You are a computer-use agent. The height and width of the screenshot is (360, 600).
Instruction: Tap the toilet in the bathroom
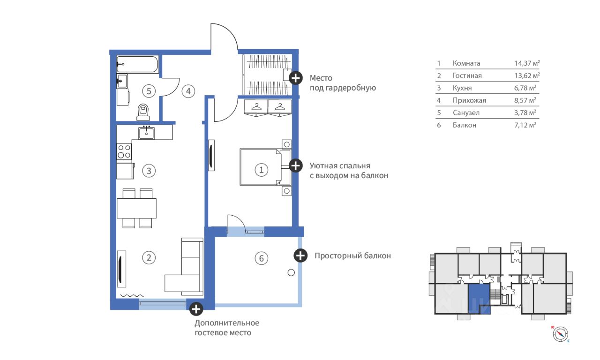point(143,112)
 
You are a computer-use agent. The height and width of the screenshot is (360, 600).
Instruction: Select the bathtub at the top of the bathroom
point(137,65)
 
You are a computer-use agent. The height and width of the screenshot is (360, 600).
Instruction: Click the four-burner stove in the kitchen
point(124,151)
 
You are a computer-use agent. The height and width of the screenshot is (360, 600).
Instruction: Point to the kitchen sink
point(147,132)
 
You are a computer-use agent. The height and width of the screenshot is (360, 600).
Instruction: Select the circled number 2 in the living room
point(149,257)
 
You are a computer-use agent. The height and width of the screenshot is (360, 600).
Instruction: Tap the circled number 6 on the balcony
point(262,257)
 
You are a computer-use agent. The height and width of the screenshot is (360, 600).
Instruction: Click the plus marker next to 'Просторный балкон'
point(300,255)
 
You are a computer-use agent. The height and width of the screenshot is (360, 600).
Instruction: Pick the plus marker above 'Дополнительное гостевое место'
point(196,308)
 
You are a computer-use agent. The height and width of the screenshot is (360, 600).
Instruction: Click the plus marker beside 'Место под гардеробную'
point(295,78)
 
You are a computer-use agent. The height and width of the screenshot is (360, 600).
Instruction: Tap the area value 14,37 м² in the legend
point(527,63)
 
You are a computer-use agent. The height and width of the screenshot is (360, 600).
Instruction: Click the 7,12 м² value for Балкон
point(525,125)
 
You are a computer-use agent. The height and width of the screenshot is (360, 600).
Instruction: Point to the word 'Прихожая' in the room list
point(469,100)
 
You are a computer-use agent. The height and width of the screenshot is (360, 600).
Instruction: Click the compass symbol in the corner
point(561,333)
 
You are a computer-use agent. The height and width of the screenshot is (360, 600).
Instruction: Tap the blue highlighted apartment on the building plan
point(479,299)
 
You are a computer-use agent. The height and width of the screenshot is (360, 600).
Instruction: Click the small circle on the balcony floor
point(291,272)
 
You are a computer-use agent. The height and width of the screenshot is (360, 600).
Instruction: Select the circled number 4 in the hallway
point(188,91)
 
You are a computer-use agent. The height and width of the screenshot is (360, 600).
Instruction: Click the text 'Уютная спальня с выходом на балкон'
point(349,171)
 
